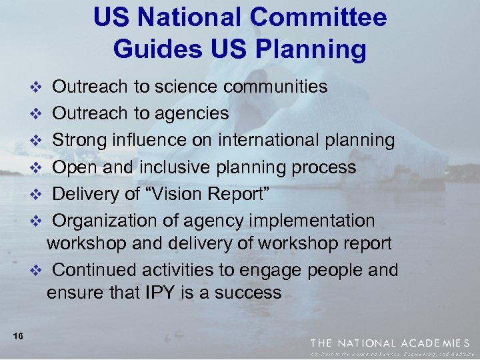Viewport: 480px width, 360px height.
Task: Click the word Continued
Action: (x=93, y=270)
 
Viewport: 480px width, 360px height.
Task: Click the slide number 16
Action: (x=18, y=336)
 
